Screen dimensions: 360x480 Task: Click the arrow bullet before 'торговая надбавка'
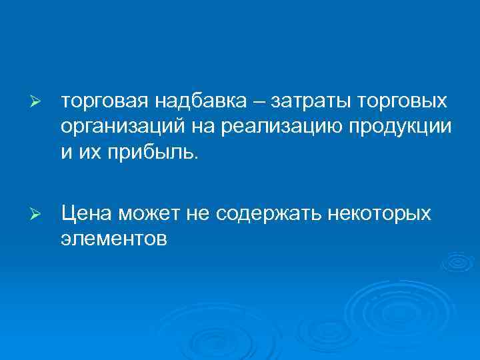click(37, 103)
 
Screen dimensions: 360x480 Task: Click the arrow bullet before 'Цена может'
click(37, 215)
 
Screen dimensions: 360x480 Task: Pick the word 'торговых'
click(403, 103)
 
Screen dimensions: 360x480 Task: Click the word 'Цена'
click(85, 214)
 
